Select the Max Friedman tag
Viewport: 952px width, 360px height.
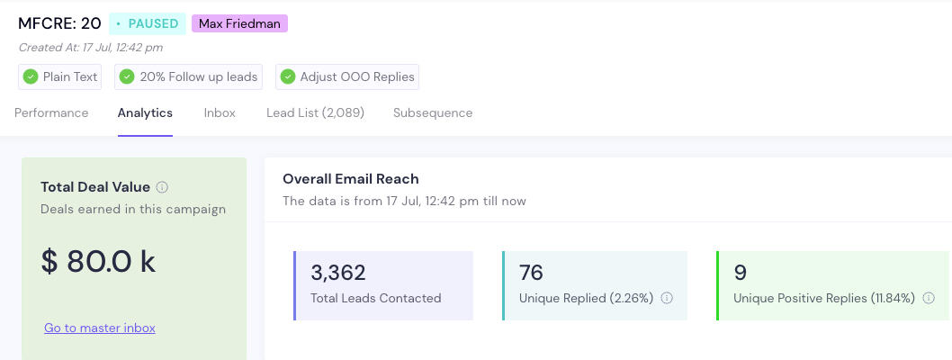coord(239,23)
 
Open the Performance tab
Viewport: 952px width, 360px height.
coord(51,112)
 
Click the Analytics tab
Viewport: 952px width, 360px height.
coord(145,112)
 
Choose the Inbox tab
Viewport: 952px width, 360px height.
coord(220,112)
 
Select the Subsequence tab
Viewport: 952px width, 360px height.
coord(433,112)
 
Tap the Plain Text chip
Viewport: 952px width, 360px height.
coord(60,76)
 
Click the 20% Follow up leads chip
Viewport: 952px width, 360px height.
coord(189,76)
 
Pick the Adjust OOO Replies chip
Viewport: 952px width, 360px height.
coord(347,76)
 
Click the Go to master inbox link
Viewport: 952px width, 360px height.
coord(100,328)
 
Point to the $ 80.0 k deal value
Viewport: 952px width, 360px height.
coord(98,261)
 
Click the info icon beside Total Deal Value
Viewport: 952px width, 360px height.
coord(162,187)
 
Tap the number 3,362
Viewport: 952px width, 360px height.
coord(338,273)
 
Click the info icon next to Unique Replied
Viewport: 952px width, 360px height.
coord(667,298)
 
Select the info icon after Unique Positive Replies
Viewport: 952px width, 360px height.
coord(929,298)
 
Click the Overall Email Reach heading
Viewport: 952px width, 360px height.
coord(351,179)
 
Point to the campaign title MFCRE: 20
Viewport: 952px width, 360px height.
coord(59,23)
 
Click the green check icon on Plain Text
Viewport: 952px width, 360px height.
coord(31,76)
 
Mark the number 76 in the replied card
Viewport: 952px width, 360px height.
coord(531,273)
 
